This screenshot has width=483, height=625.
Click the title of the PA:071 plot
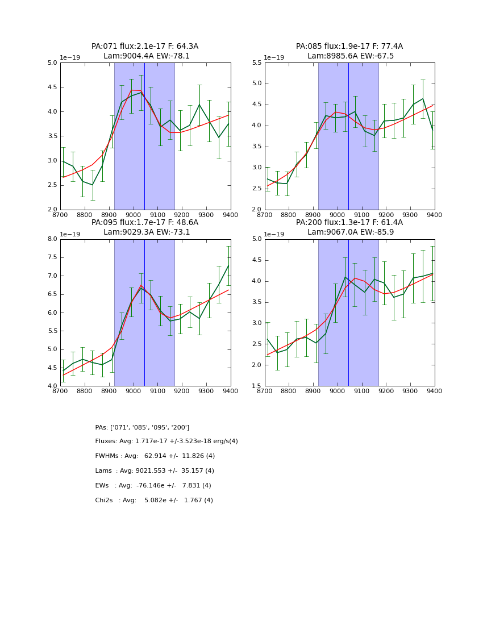tap(145, 51)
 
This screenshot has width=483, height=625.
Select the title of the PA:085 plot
tap(349, 51)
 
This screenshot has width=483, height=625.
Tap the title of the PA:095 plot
tap(145, 227)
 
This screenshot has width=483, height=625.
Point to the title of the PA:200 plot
tap(349, 227)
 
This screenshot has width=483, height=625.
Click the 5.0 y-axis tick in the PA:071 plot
tap(52, 63)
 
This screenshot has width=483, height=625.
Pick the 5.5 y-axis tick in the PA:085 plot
tap(256, 63)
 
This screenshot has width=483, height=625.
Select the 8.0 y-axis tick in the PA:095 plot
tap(52, 239)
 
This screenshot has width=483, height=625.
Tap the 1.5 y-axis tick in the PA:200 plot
tap(256, 386)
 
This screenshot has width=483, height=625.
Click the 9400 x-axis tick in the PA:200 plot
tap(434, 391)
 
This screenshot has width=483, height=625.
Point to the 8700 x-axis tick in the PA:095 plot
tap(60, 391)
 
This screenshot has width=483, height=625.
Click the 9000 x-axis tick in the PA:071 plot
tap(133, 215)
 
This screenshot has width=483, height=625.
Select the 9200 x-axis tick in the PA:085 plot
tap(386, 215)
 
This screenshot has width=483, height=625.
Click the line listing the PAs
tap(142, 427)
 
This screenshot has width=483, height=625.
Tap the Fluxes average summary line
tap(166, 441)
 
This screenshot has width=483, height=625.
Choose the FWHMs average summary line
tap(155, 456)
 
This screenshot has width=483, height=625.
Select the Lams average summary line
tap(155, 471)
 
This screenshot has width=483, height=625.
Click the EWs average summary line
tap(153, 486)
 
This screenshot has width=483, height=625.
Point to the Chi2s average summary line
tap(154, 501)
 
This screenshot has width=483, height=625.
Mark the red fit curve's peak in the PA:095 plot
tap(141, 285)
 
